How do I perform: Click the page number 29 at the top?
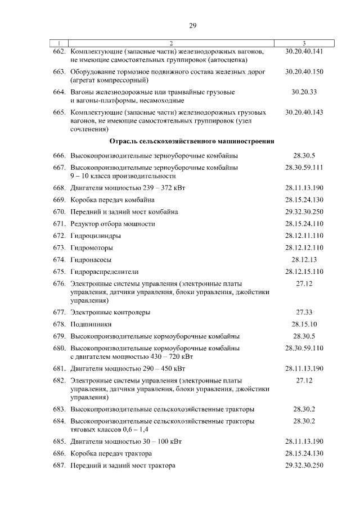click(192, 25)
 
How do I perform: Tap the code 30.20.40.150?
click(304, 71)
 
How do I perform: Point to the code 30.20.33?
click(304, 92)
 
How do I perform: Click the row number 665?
click(59, 112)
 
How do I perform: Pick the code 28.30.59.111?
click(304, 168)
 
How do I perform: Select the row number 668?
click(59, 188)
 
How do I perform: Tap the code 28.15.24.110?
click(304, 224)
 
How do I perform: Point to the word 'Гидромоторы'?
click(91, 248)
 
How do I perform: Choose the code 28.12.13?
click(304, 259)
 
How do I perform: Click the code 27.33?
click(304, 312)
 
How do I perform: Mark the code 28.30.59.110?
click(304, 348)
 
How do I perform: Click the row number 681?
click(59, 369)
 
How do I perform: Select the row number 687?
click(59, 466)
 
